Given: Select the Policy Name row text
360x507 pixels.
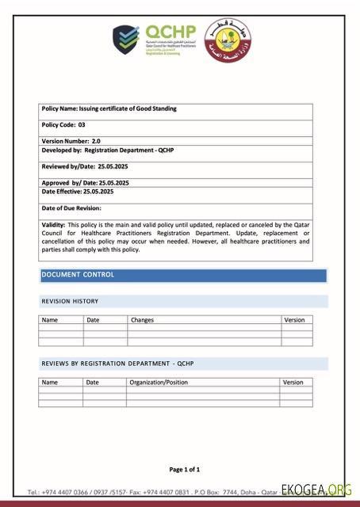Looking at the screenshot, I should [109, 109].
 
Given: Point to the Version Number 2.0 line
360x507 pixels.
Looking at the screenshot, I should [71, 141].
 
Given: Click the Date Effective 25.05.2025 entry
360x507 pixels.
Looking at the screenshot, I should [77, 192].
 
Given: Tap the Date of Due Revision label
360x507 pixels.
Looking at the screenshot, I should [71, 208].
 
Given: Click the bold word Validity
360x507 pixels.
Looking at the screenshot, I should [53, 225].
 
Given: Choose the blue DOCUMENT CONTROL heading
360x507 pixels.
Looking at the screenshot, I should [78, 275].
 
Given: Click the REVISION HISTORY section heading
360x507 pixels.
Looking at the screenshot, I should [70, 301].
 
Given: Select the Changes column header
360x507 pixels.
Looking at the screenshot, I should [142, 320].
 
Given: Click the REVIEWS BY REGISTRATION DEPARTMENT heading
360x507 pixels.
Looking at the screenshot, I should [117, 364].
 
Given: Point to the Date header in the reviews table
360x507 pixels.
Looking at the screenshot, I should [93, 382].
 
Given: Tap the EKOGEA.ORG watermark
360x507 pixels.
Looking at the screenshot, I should [316, 490].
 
